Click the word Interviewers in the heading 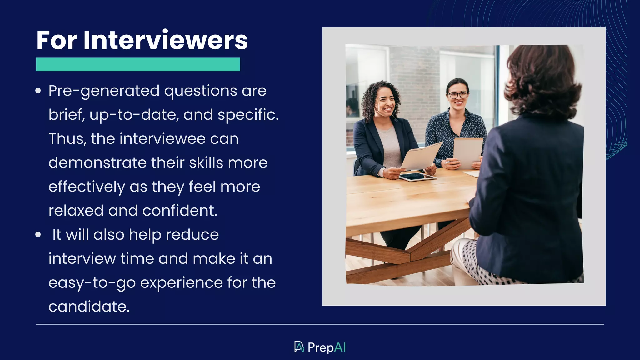(x=165, y=40)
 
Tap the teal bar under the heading (x=138, y=64)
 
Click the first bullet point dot (x=38, y=91)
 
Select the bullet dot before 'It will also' (x=38, y=235)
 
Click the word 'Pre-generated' (x=104, y=91)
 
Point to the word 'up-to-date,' (x=134, y=115)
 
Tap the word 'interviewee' (x=162, y=139)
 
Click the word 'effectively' (x=87, y=187)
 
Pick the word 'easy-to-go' (x=92, y=283)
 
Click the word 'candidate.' (x=89, y=307)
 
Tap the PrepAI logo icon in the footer (x=299, y=347)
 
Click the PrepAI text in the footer (x=327, y=347)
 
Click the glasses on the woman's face (x=458, y=94)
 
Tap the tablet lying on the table (x=417, y=177)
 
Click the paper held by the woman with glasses (x=467, y=152)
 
